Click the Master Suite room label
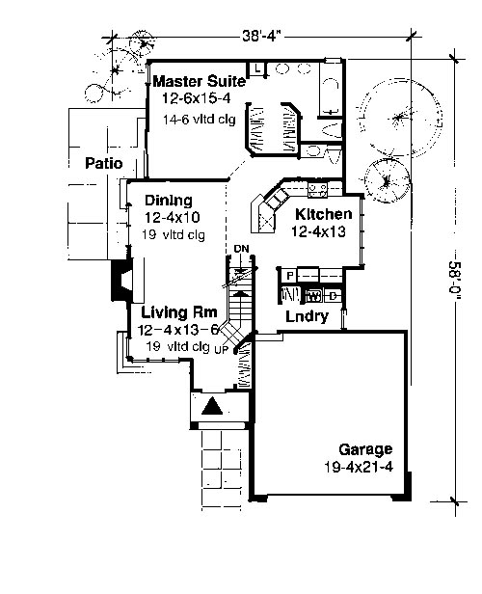(x=200, y=81)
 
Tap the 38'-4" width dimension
(x=262, y=36)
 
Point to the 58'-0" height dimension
(x=454, y=281)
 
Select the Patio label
(x=104, y=163)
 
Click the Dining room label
(x=169, y=201)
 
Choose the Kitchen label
(x=323, y=214)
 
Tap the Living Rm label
(x=179, y=312)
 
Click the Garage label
(x=365, y=449)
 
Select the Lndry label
(x=307, y=316)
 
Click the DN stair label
(x=241, y=249)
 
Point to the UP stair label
(x=222, y=350)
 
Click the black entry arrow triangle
(x=211, y=405)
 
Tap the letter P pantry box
(x=290, y=276)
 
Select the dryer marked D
(x=333, y=296)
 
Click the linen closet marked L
(x=257, y=68)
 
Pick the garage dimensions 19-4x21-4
(x=359, y=467)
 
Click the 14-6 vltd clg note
(x=200, y=120)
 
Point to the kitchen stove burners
(x=317, y=189)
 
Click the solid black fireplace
(x=120, y=280)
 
